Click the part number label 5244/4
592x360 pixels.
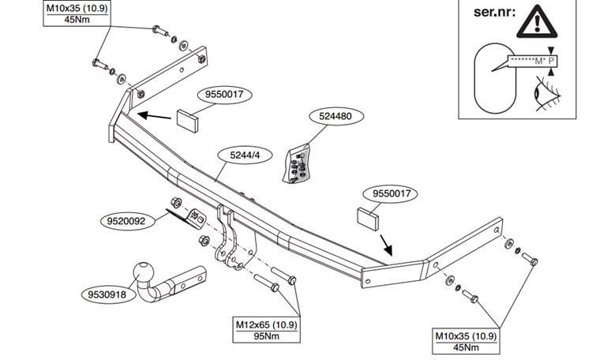[243, 156]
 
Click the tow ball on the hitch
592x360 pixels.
[147, 273]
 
